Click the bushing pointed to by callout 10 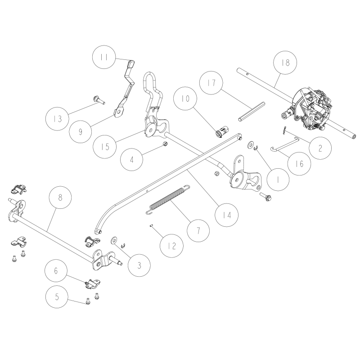221,133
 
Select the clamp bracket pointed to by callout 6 93,283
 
